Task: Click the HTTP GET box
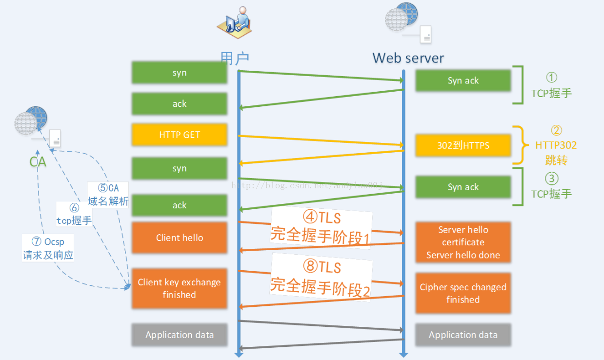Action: [179, 135]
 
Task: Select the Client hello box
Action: [179, 238]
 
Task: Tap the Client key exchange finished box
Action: [179, 288]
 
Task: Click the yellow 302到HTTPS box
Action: [463, 145]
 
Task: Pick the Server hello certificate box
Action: [463, 242]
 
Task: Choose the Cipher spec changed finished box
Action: [463, 293]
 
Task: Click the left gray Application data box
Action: [179, 335]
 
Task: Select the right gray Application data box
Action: [463, 335]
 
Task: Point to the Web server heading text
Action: [408, 58]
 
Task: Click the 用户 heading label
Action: [235, 58]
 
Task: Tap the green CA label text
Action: [38, 161]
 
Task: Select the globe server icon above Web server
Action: [407, 22]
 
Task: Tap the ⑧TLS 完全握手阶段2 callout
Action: [321, 278]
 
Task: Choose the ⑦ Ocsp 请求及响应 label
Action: [48, 248]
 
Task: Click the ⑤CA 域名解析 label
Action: [108, 195]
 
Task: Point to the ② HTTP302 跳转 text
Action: [556, 145]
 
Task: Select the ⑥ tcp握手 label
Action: [74, 214]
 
